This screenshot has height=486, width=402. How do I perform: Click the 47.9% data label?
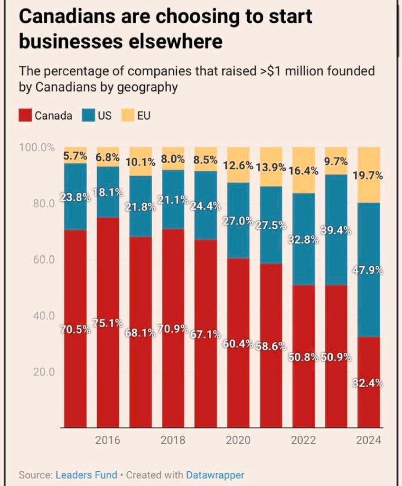click(x=368, y=271)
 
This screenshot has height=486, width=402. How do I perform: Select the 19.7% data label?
click(x=368, y=176)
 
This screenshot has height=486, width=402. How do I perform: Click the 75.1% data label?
click(x=108, y=323)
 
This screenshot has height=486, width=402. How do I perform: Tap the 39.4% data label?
click(x=336, y=231)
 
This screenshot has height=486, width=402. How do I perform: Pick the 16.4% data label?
click(x=303, y=170)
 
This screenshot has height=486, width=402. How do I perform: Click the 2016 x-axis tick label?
click(x=108, y=440)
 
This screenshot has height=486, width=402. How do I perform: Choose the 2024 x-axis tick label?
click(x=368, y=440)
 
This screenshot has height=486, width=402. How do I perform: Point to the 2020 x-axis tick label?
click(x=238, y=440)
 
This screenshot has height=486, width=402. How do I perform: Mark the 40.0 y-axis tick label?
click(x=45, y=316)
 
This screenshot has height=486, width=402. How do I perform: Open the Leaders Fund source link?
click(x=87, y=475)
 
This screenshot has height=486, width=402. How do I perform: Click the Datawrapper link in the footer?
click(x=215, y=475)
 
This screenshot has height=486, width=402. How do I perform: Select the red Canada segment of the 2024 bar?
click(x=368, y=403)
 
